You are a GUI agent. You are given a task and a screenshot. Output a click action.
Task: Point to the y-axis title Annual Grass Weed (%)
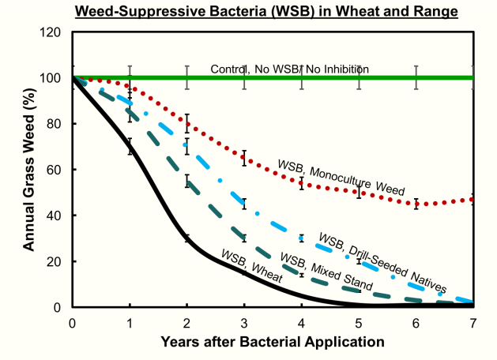coord(29,169)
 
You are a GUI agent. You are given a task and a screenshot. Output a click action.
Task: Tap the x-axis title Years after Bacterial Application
coord(273,342)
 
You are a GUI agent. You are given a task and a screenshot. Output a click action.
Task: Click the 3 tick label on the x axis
coord(244,323)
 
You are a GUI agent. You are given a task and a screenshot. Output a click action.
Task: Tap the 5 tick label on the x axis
coord(359,323)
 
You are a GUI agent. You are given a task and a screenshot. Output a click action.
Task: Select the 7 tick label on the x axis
coord(473,323)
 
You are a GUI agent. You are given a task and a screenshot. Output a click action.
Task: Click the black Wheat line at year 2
coord(187,238)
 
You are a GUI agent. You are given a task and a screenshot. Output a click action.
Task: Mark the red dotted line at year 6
coord(416,204)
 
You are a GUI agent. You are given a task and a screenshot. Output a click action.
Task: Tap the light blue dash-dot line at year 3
coord(244,204)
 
